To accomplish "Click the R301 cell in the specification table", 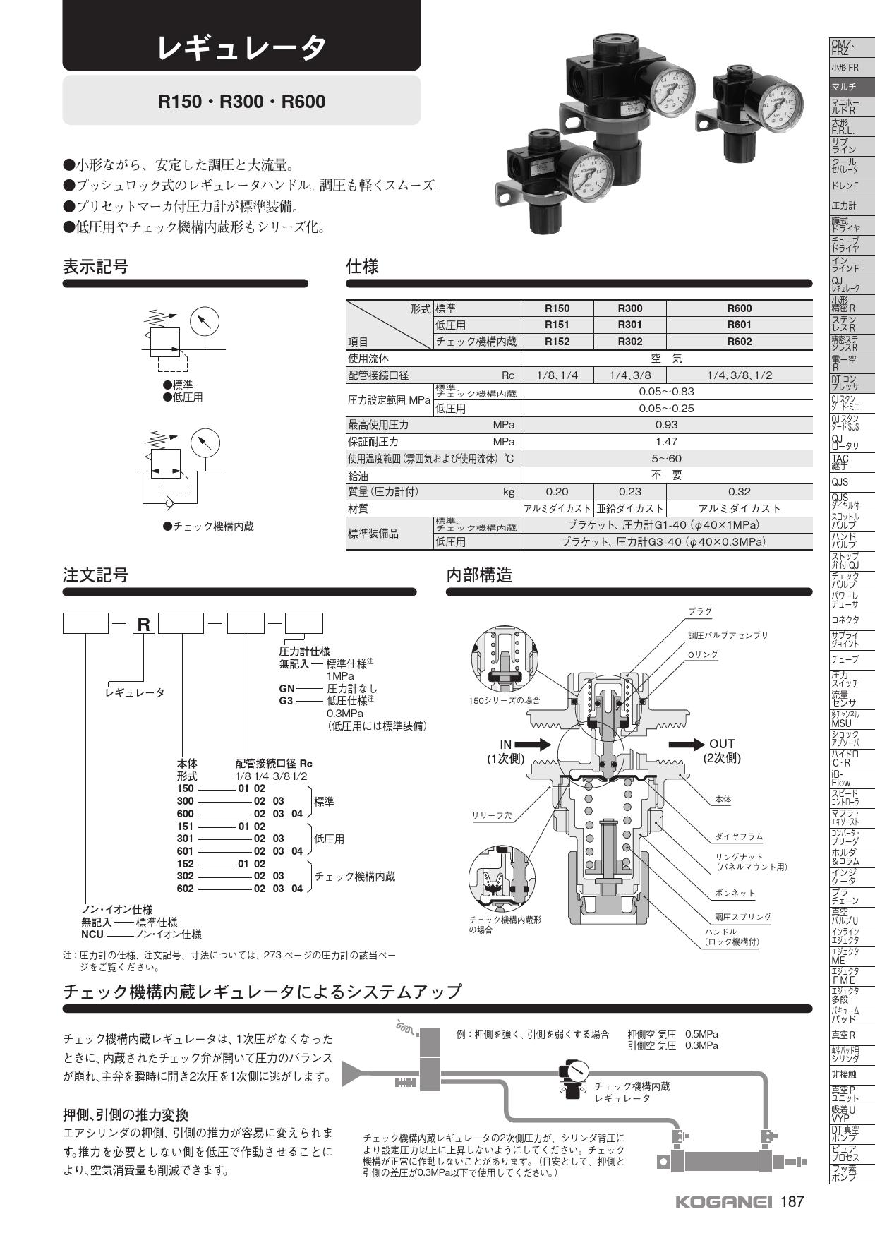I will (629, 325).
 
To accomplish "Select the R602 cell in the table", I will (739, 342).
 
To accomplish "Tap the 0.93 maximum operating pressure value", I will (666, 425).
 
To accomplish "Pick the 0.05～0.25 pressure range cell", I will (666, 408).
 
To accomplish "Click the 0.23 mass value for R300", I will (629, 492).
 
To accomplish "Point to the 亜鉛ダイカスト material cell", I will (629, 509).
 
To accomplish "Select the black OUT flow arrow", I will (687, 744).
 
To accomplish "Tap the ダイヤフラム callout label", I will (739, 836).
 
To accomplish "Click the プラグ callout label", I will (700, 611).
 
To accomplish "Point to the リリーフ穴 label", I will (492, 815).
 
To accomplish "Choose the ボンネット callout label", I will (735, 893).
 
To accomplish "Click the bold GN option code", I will (287, 688).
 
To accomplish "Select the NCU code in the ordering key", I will (92, 934).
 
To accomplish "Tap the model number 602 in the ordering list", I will (185, 889).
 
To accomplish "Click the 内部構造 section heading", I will (479, 575).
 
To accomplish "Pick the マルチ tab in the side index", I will (844, 88).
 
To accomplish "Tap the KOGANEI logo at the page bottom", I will (724, 1203).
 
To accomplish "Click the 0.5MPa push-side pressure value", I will (701, 1035).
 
